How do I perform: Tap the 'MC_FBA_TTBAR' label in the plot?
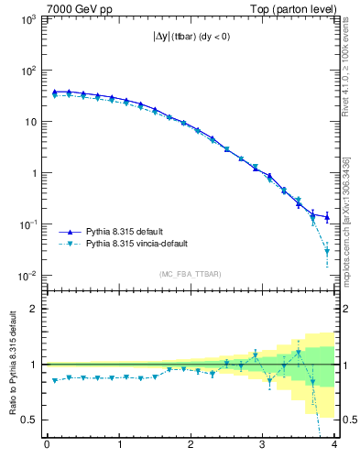pyautogui.click(x=190, y=274)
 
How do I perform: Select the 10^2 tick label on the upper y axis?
pyautogui.click(x=27, y=71)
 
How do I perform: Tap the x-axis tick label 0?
pyautogui.click(x=47, y=446)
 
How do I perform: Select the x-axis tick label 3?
pyautogui.click(x=262, y=446)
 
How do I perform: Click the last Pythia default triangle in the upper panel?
pyautogui.click(x=327, y=217)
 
